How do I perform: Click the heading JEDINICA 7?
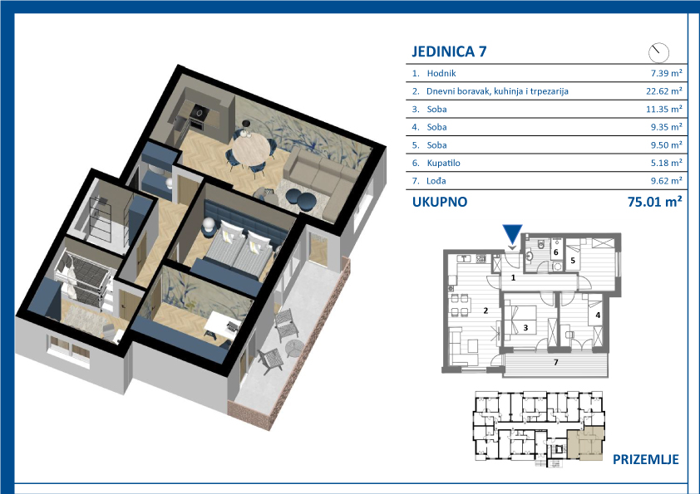[x=449, y=51]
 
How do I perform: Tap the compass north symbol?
[x=658, y=52]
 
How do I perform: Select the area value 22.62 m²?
[x=664, y=91]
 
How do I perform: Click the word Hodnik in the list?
[x=441, y=74]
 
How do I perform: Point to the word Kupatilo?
[x=443, y=164]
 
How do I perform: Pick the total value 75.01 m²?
[x=654, y=202]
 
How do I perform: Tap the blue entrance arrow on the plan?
[x=512, y=234]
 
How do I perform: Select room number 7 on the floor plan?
[x=556, y=363]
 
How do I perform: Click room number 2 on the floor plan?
[x=486, y=311]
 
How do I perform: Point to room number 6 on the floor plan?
[x=556, y=252]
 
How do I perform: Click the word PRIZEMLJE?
[x=645, y=459]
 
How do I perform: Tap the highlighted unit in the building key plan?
[x=586, y=443]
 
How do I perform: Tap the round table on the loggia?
[x=294, y=347]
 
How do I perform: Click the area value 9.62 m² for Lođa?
[x=666, y=181]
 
